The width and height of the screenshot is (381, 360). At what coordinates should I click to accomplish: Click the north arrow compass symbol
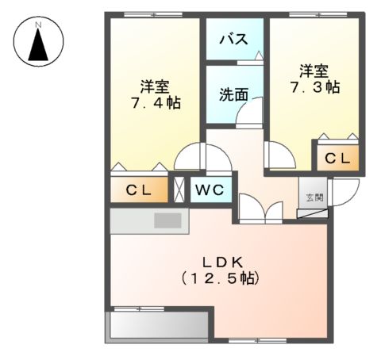coord(37,45)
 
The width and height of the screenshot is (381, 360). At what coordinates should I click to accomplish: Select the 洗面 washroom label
coord(233,94)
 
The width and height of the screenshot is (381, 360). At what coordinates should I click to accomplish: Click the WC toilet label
coord(210,190)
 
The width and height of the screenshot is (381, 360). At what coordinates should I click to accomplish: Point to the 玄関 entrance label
coord(311,197)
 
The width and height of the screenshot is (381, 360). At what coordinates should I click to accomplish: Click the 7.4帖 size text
coord(155,103)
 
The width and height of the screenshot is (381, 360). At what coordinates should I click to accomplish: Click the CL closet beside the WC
coord(140,190)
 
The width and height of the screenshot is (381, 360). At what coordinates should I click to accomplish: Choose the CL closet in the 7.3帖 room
coord(337,159)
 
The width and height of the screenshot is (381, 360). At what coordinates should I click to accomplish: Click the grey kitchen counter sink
coord(167,220)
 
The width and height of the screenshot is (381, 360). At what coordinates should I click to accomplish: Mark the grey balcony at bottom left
coord(157,325)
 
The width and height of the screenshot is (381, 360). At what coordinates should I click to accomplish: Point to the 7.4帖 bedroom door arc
coord(190,157)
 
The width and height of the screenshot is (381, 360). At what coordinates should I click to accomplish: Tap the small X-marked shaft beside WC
coord(179,190)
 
